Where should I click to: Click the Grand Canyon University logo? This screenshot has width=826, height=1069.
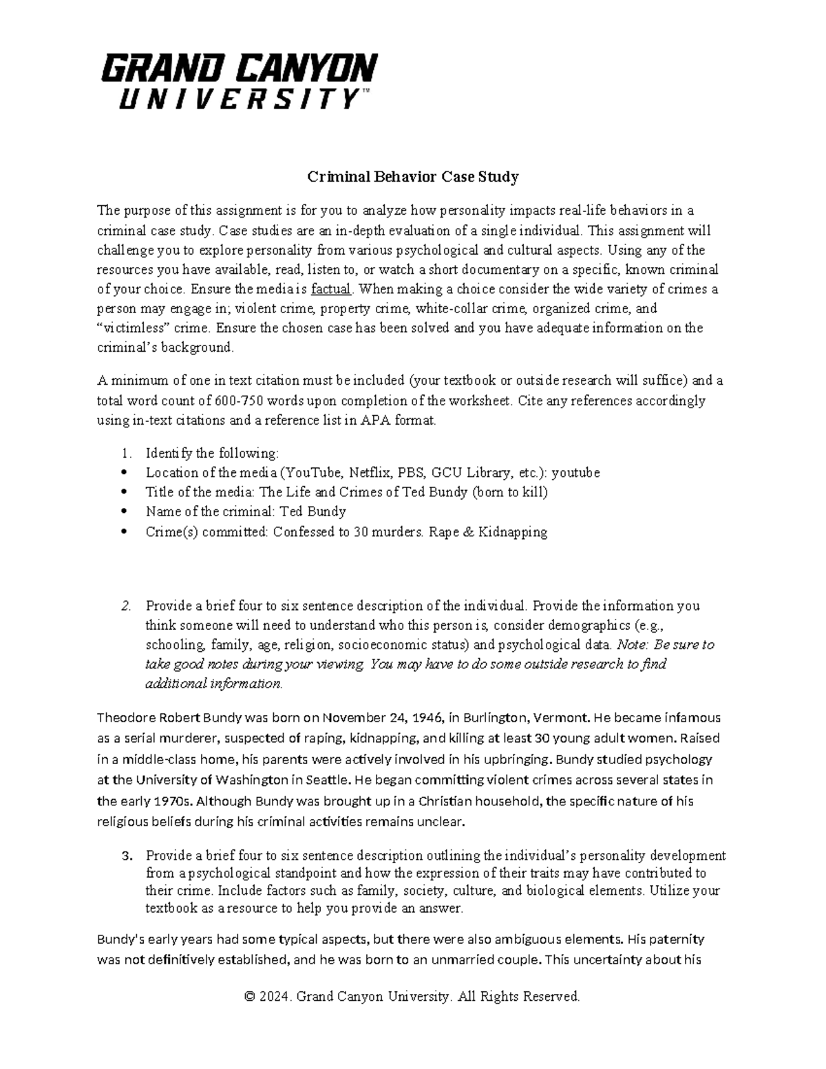point(240,81)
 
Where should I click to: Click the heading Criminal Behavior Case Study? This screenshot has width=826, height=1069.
point(412,177)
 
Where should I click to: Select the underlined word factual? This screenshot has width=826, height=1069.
point(331,289)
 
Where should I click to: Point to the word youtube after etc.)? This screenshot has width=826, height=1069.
point(576,473)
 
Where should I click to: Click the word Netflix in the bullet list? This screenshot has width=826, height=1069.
point(368,473)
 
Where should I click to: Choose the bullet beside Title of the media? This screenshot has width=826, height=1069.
point(124,492)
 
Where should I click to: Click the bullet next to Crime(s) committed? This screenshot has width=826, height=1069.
point(124,532)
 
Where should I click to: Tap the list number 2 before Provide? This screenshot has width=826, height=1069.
point(125,606)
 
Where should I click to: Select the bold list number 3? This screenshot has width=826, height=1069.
point(125,856)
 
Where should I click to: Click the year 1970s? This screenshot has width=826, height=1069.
point(176,801)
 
